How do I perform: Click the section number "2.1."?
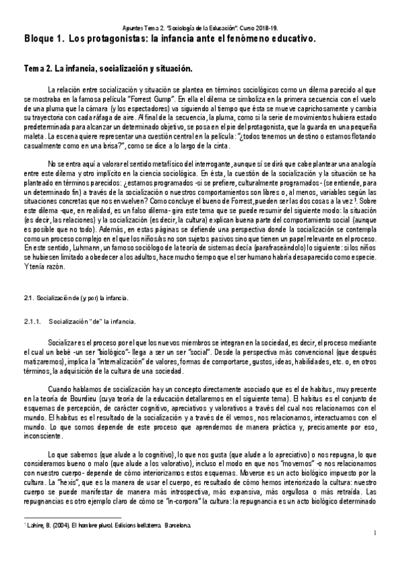[x=28, y=295]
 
